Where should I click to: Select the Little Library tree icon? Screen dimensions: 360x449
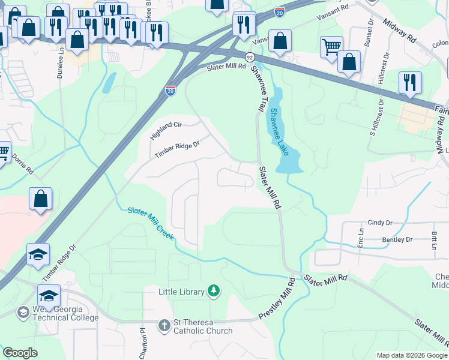pos(213,292)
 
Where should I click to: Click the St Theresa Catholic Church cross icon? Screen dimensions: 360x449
pos(164,326)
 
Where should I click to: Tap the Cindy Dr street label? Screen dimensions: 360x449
pos(379,223)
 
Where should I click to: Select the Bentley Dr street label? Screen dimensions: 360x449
pos(397,239)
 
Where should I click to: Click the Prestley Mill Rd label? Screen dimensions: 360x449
pos(277,299)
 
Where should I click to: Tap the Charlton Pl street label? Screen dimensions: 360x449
pos(143,343)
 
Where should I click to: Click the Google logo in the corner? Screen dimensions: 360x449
pos(20,352)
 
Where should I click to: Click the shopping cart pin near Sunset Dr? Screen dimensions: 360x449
pos(331,47)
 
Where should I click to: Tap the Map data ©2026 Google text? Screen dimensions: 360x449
pos(412,355)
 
